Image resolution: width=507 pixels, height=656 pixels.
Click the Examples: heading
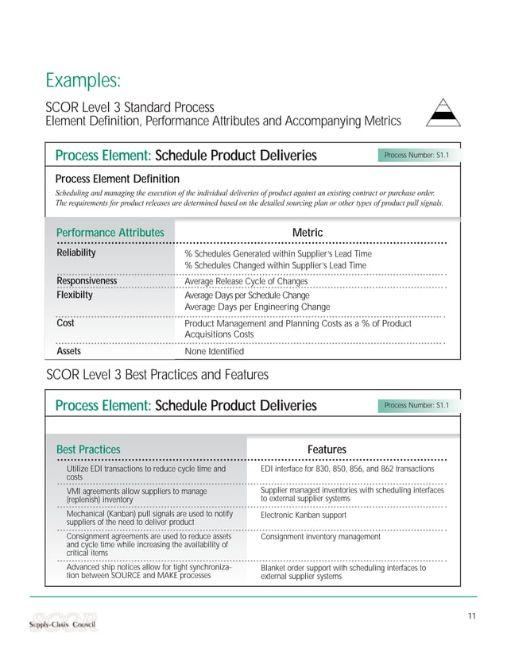(x=83, y=80)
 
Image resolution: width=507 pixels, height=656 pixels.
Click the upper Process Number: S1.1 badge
(x=416, y=155)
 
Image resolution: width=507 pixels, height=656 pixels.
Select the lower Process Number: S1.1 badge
(x=416, y=406)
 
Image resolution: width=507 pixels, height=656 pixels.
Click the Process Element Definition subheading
(x=117, y=179)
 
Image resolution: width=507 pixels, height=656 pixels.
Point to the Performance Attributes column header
(x=110, y=232)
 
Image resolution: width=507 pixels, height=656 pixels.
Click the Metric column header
(x=308, y=232)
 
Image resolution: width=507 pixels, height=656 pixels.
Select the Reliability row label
(x=76, y=253)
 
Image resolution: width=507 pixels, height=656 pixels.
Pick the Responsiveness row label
(x=87, y=280)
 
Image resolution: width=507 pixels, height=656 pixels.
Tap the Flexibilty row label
(x=75, y=295)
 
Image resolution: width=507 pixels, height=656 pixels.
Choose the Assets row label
(x=68, y=350)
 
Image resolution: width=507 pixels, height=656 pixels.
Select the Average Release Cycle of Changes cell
(x=246, y=281)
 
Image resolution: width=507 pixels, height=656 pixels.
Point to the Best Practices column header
(x=88, y=450)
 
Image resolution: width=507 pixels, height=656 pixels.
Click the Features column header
(x=327, y=450)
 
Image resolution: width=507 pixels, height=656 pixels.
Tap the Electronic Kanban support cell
(x=305, y=515)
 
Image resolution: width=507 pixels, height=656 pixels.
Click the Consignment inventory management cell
(x=320, y=537)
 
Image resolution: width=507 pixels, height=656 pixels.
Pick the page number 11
(x=471, y=616)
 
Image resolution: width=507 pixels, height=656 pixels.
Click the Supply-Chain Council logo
(x=63, y=620)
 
